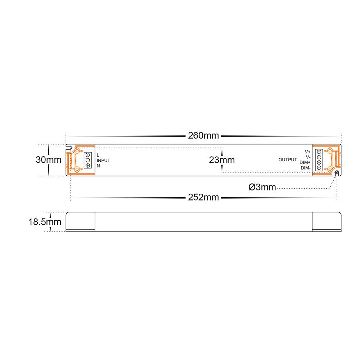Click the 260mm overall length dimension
[203, 136]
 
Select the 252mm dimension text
[203, 197]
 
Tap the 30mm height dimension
[49, 160]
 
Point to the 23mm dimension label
[222, 160]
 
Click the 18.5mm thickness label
[45, 222]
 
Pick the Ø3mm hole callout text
[262, 187]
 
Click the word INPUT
[104, 160]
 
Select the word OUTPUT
[288, 160]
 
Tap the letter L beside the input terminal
[98, 155]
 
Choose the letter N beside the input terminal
[98, 166]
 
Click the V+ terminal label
[307, 152]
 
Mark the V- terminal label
[308, 157]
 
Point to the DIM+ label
[305, 162]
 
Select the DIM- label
[305, 168]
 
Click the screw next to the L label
[87, 155]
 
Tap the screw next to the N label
[87, 165]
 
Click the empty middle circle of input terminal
[87, 160]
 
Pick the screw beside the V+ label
[319, 152]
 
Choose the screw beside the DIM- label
[319, 168]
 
